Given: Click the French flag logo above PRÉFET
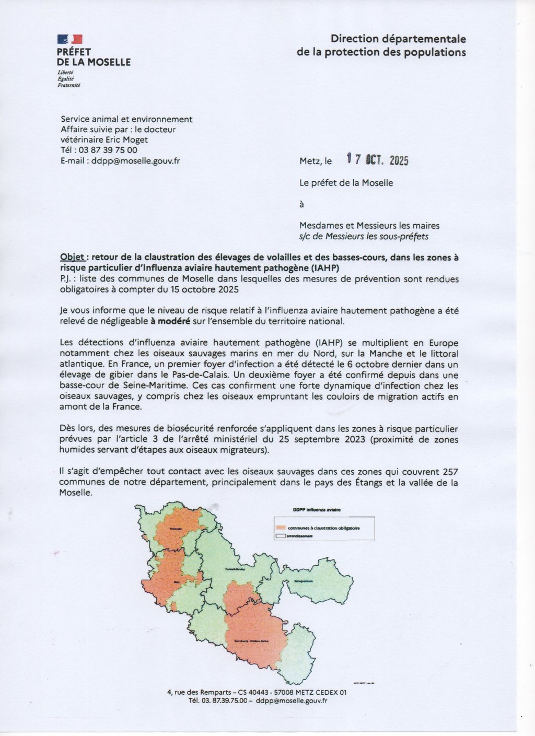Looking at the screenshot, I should pos(70,39).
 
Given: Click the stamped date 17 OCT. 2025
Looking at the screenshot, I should pos(377,160).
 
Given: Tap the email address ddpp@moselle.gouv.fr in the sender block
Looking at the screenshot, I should pos(135,161).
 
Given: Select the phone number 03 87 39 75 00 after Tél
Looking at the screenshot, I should pos(107,150).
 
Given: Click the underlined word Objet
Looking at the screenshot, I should pos(72,258).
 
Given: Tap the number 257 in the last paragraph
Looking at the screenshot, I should pos(450,472).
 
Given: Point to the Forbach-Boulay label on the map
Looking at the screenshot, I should pos(235,568).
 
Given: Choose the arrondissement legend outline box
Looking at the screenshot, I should pos(281,535).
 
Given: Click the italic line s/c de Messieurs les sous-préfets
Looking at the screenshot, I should pos(364,237).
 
